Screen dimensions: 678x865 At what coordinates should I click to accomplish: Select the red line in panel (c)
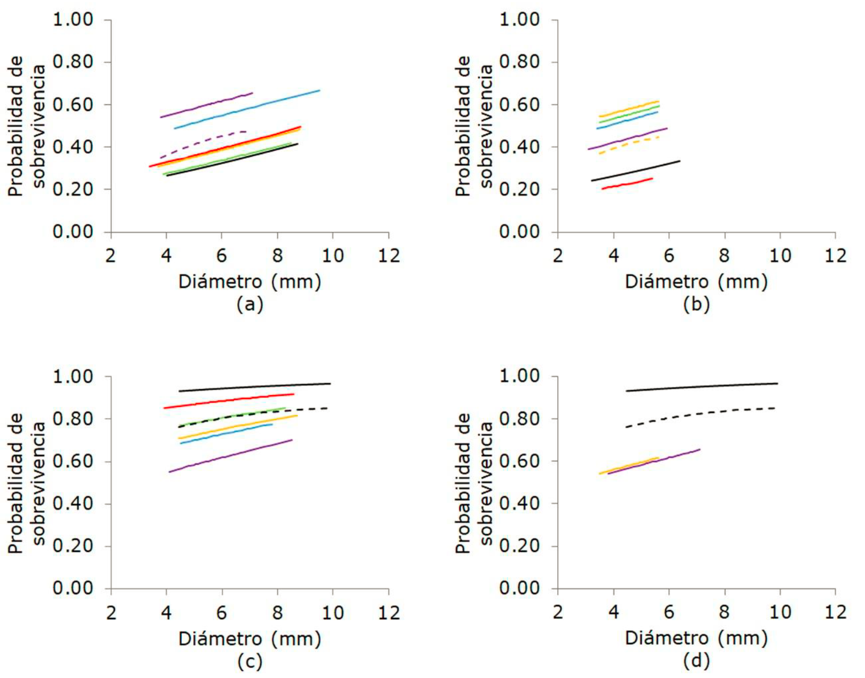230,400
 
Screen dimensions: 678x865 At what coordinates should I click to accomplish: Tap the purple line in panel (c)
230,456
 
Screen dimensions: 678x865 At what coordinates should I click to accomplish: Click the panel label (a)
250,305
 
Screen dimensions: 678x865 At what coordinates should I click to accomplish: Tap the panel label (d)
696,661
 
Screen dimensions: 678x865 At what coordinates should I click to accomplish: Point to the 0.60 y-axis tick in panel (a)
73,105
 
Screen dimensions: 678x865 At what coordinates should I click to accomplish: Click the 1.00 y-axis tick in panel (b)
519,20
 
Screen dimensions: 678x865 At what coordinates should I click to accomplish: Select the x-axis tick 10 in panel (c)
332,613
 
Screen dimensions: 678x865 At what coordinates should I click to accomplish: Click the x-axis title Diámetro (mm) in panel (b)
696,282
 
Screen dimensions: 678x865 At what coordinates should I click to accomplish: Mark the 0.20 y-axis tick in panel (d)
519,546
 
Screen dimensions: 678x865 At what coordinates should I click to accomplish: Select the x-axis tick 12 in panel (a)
388,256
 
